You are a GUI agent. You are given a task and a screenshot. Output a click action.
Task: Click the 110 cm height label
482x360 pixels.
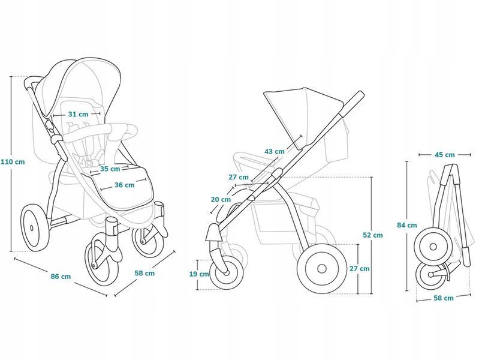click(x=13, y=161)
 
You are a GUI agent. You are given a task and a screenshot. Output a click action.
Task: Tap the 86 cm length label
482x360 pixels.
click(x=61, y=277)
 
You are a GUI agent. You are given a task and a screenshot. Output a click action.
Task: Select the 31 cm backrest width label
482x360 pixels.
click(x=78, y=114)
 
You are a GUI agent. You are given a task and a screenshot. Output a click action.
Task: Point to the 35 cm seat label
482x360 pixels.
click(x=110, y=169)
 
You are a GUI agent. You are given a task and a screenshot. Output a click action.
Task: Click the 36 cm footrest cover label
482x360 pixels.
click(x=125, y=185)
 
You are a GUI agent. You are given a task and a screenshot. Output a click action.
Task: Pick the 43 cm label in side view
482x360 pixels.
click(x=275, y=151)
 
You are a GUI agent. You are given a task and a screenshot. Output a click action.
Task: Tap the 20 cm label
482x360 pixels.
click(x=221, y=199)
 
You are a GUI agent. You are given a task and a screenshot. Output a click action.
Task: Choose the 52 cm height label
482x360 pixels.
click(x=373, y=235)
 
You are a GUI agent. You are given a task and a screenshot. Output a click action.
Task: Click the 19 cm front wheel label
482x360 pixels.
click(x=199, y=274)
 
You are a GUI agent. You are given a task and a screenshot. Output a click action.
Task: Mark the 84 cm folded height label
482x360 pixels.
click(x=407, y=225)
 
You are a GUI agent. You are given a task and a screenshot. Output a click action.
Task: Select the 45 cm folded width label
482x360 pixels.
click(x=444, y=155)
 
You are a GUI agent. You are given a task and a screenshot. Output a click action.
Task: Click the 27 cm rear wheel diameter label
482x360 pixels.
click(x=360, y=269)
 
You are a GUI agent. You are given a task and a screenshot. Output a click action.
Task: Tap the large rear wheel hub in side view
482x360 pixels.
click(x=322, y=269)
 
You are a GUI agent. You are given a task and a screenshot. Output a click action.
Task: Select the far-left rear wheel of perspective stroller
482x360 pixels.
click(x=34, y=227)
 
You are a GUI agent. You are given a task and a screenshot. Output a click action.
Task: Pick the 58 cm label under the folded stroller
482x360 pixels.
click(x=444, y=298)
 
